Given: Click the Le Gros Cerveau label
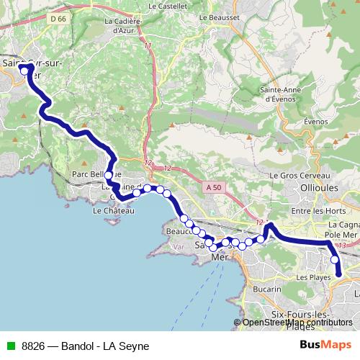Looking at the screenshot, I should [299, 176].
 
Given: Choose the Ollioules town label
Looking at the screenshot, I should [331, 186].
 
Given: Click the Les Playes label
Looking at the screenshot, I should [312, 276].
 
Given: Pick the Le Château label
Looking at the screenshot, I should [114, 212].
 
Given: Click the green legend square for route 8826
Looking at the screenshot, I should [9, 346].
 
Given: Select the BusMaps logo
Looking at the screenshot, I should [325, 345].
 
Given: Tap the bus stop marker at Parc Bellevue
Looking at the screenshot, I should [109, 175].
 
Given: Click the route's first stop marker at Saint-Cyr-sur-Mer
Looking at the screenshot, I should [23, 69].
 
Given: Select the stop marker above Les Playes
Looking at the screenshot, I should [334, 260].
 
